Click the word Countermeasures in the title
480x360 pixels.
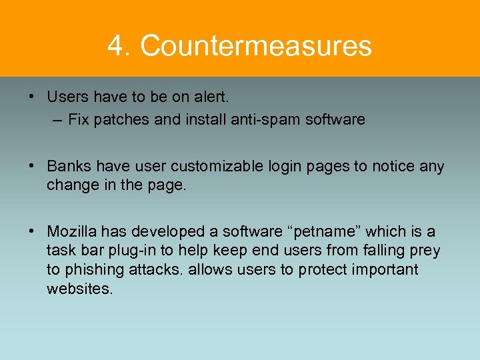pyautogui.click(x=256, y=46)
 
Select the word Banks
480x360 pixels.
pyautogui.click(x=67, y=166)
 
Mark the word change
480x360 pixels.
pyautogui.click(x=69, y=185)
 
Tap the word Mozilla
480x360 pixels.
pyautogui.click(x=73, y=231)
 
